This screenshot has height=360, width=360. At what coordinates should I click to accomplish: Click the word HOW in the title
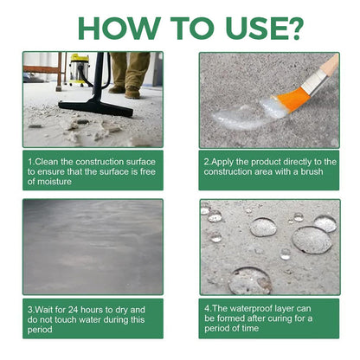[x=119, y=29]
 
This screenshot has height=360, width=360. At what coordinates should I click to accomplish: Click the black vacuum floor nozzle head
[x=96, y=107]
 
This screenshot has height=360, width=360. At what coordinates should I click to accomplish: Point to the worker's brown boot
[x=132, y=93]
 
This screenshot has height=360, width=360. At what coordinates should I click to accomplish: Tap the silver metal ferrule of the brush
[x=315, y=81]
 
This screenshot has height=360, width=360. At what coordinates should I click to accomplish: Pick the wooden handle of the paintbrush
[x=330, y=64]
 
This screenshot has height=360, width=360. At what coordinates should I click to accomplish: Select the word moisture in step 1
[x=55, y=182]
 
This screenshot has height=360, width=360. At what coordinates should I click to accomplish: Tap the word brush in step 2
[x=312, y=171]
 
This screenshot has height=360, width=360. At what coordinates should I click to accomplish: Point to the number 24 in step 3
[x=73, y=310]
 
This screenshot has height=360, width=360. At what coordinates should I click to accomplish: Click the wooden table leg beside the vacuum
[x=60, y=72]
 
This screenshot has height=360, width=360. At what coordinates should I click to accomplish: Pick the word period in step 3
[x=40, y=330]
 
